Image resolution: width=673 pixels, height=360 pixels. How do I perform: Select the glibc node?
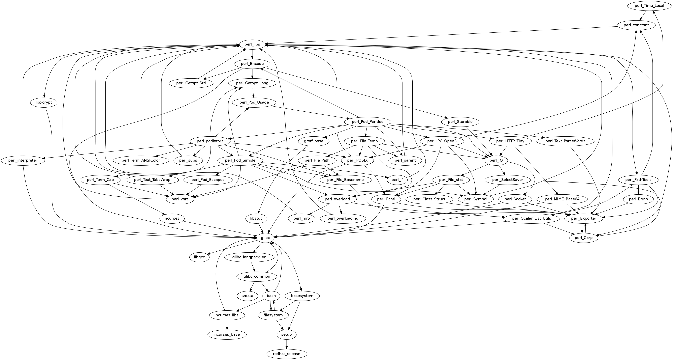pyautogui.click(x=265, y=238)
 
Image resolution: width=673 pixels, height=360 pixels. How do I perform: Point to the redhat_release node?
pyautogui.click(x=287, y=354)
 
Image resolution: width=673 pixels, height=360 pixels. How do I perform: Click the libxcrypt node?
pyautogui.click(x=44, y=102)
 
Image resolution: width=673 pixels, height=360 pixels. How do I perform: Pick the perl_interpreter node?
pyautogui.click(x=23, y=160)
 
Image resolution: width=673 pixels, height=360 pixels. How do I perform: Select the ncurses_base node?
pyautogui.click(x=227, y=334)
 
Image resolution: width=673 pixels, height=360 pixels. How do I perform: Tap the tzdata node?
pyautogui.click(x=247, y=296)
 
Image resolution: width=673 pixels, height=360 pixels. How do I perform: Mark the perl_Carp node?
pyautogui.click(x=584, y=238)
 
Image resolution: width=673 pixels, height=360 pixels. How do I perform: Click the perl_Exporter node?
pyautogui.click(x=584, y=218)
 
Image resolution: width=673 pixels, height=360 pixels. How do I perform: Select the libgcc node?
pyautogui.click(x=200, y=257)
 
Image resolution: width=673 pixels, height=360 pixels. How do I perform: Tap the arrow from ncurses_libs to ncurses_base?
pyautogui.click(x=227, y=325)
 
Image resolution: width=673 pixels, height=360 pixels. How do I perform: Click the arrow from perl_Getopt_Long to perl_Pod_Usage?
pyautogui.click(x=253, y=93)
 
